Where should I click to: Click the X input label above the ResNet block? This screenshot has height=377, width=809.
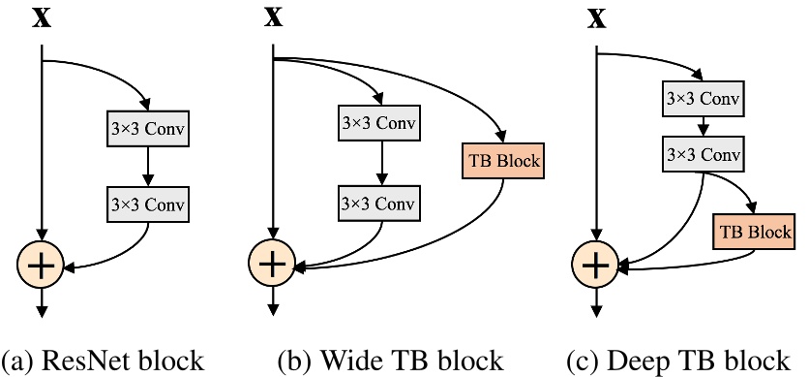[42, 18]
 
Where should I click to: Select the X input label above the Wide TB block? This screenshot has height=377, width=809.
[275, 18]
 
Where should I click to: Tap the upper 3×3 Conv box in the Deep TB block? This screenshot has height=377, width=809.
[704, 98]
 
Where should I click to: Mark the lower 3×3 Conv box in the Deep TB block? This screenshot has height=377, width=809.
[704, 155]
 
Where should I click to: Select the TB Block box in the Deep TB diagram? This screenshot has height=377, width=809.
[755, 233]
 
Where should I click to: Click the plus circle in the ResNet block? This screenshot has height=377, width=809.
[42, 263]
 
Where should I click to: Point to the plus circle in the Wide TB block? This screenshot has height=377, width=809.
[275, 263]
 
